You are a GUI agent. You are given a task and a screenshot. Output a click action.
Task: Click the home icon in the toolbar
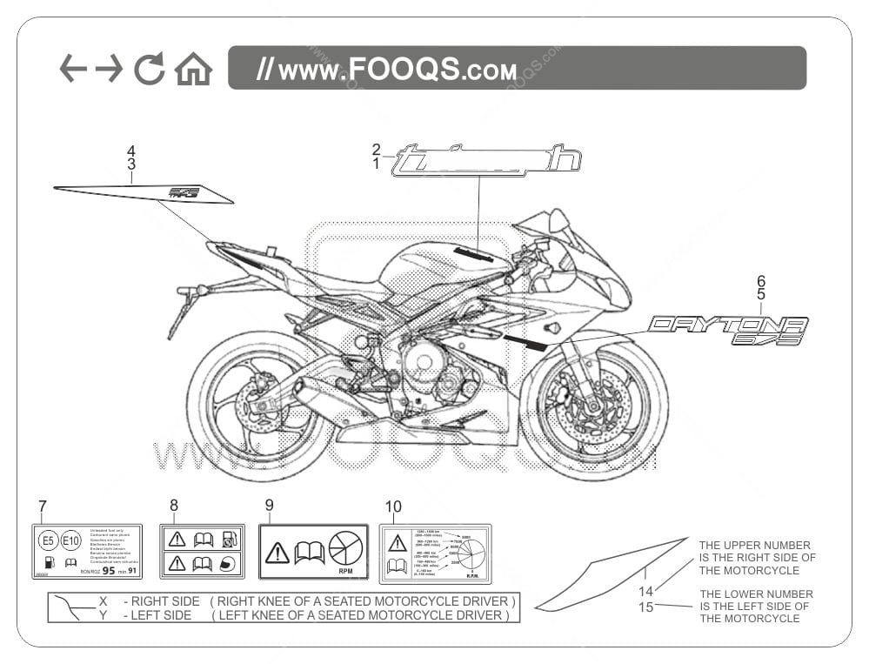193,69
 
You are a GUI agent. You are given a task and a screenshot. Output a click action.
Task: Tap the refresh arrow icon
149,69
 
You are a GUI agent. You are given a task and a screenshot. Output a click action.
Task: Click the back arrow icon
73,68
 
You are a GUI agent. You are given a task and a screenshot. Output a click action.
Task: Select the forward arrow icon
110,68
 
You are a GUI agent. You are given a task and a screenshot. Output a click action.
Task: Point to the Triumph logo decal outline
486,162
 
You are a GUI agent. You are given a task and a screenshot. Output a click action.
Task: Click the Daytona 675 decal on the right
728,332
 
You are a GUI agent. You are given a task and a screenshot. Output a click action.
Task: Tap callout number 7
43,506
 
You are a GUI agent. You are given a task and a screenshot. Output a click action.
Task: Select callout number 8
174,505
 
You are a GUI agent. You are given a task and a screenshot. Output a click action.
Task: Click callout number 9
269,505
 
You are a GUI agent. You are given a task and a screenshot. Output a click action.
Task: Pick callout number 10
393,506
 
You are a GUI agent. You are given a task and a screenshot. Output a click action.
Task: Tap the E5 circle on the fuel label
48,540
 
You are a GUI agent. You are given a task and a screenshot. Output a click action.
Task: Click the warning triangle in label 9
277,552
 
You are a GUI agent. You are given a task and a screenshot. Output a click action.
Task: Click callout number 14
645,592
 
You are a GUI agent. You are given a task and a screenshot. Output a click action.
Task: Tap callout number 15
645,607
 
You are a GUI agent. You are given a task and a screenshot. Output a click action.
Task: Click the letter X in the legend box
103,601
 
